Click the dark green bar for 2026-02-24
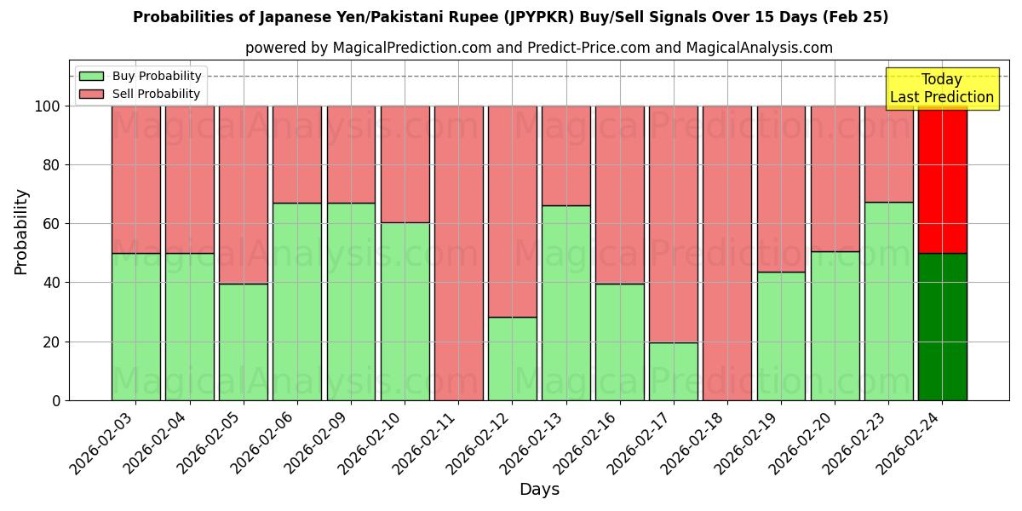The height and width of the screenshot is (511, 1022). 942,326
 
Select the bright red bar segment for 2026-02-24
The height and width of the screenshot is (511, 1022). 942,180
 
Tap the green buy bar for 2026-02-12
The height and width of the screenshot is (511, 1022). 512,359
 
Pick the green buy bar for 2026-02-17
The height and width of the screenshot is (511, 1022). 673,371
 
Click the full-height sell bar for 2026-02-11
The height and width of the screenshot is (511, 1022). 458,253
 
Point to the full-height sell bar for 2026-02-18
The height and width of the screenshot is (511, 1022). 726,253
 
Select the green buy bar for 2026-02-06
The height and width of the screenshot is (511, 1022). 297,301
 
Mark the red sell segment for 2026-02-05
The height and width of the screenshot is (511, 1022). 244,195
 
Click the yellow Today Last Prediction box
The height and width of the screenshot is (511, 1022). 942,89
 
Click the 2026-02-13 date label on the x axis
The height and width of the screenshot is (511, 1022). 532,441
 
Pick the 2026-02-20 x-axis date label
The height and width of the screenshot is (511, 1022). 801,441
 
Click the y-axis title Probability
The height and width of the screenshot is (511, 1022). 21,232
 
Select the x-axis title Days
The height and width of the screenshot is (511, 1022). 539,490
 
